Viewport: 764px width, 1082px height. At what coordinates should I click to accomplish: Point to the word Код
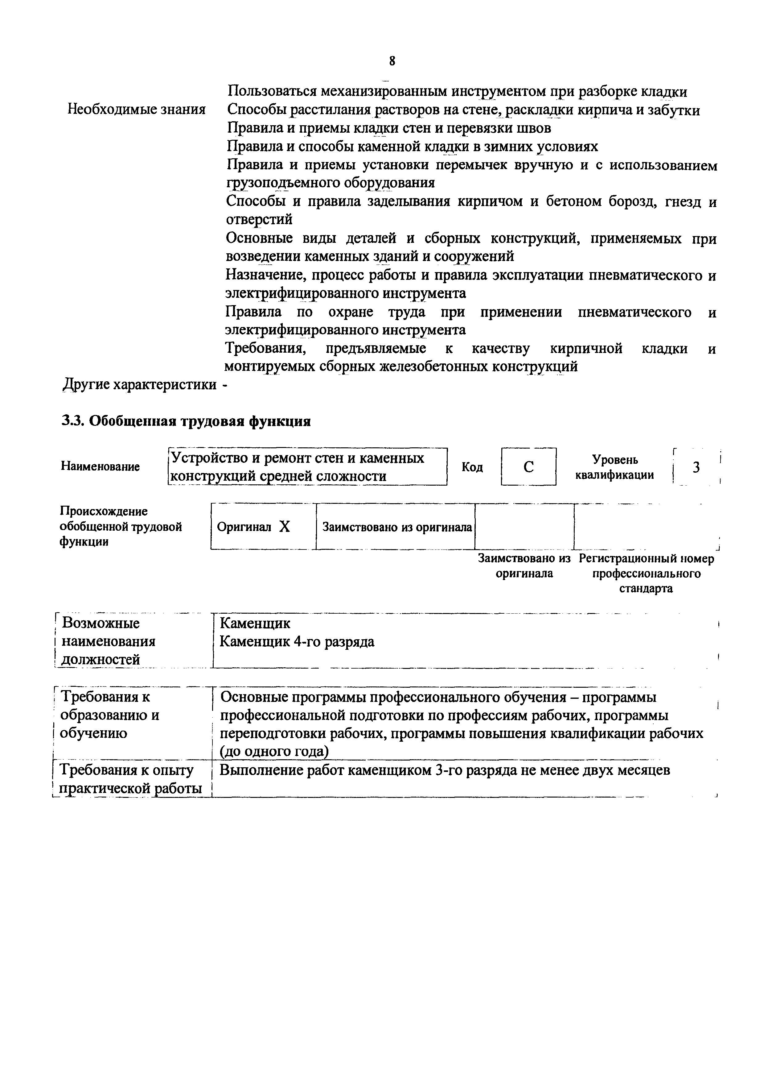click(472, 467)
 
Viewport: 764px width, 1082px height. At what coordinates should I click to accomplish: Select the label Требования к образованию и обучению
click(110, 715)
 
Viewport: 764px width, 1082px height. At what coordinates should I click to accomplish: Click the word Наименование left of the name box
click(100, 466)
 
